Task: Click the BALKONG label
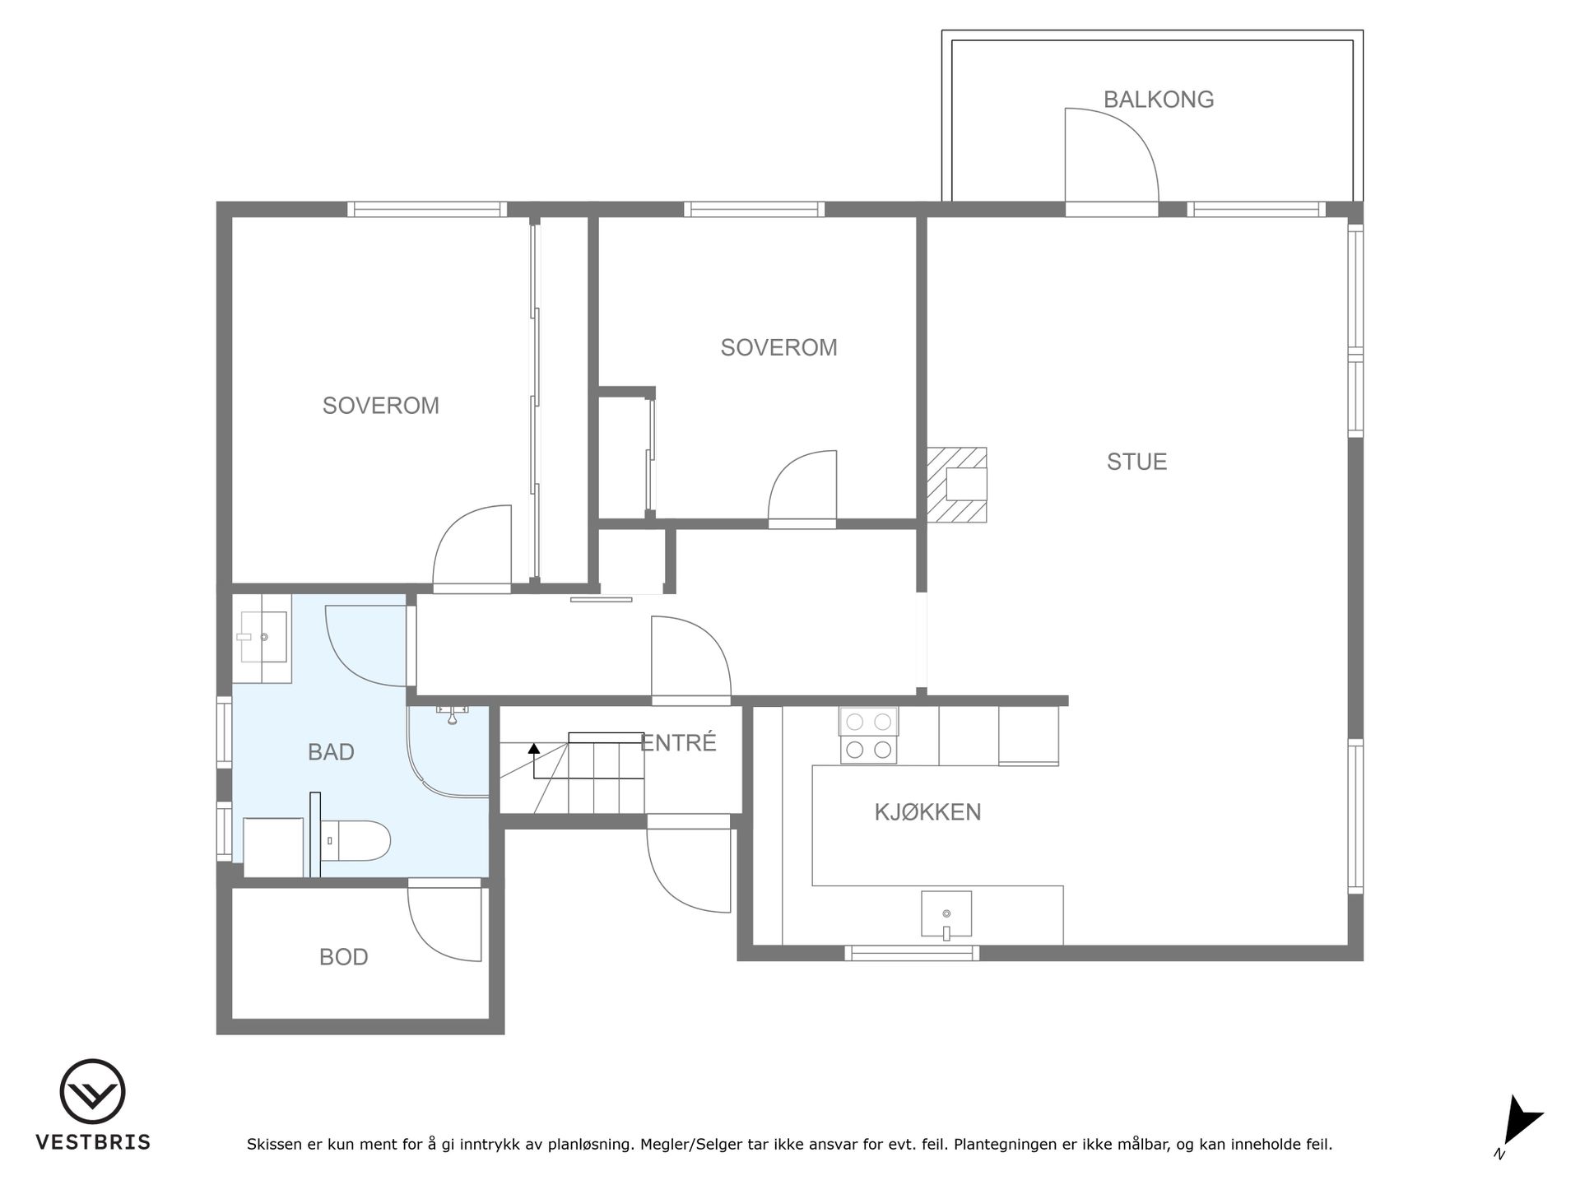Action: (x=1159, y=100)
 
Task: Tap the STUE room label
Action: (x=1136, y=462)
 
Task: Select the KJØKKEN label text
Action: (x=927, y=812)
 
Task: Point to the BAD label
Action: (x=331, y=751)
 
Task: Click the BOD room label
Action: (x=343, y=957)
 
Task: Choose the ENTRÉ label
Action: (x=679, y=742)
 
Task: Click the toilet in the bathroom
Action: (x=355, y=840)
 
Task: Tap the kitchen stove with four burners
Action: (x=868, y=736)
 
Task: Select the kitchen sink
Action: (x=946, y=915)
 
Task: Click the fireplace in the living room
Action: (x=957, y=485)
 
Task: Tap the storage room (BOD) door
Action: (x=444, y=921)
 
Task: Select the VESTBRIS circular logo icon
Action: (x=92, y=1092)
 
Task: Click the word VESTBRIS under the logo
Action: (x=93, y=1142)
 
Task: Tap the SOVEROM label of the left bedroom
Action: (x=380, y=406)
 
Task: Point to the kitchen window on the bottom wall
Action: (x=912, y=953)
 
